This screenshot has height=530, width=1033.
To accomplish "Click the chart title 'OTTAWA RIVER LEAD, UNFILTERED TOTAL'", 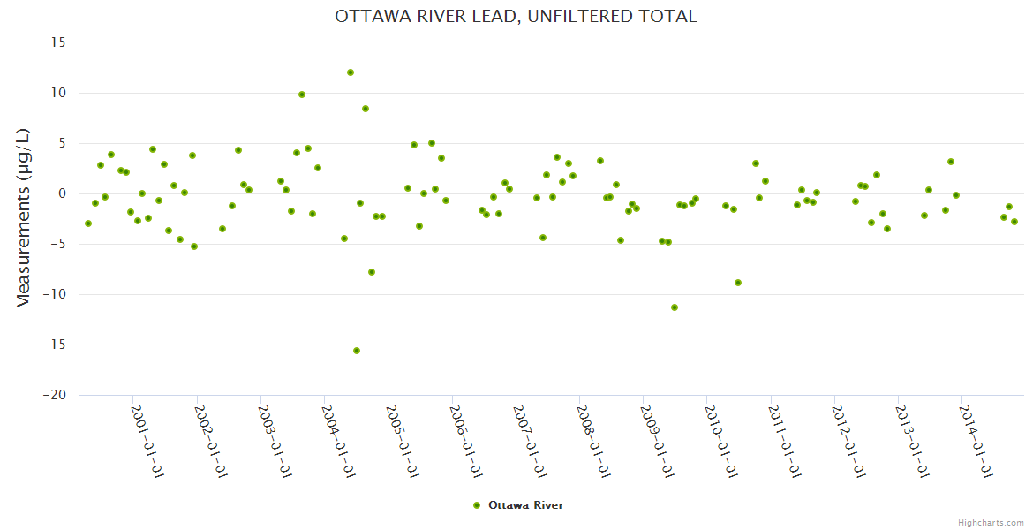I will click(x=516, y=16).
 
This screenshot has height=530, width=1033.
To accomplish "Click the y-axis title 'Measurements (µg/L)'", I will click(x=24, y=218).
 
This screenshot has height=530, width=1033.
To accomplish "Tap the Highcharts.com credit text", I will click(x=991, y=522).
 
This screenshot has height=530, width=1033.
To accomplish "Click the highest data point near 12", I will click(x=351, y=72).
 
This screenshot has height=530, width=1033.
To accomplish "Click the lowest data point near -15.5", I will click(x=357, y=351).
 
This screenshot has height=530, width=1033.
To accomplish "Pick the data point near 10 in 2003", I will click(x=302, y=95).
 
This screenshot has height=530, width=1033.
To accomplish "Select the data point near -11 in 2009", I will click(x=675, y=307).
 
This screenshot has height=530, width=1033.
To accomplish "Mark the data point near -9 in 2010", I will click(x=738, y=283).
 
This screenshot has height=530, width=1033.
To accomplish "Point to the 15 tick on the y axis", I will click(x=59, y=42).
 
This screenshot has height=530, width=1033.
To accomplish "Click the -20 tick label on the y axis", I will click(x=55, y=395).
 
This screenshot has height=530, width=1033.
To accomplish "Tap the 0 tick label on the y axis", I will click(x=63, y=193).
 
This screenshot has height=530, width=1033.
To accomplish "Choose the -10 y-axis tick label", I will click(x=55, y=294).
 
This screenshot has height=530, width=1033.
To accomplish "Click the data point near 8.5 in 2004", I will click(x=366, y=109).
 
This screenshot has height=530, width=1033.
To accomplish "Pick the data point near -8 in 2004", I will click(x=372, y=272).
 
